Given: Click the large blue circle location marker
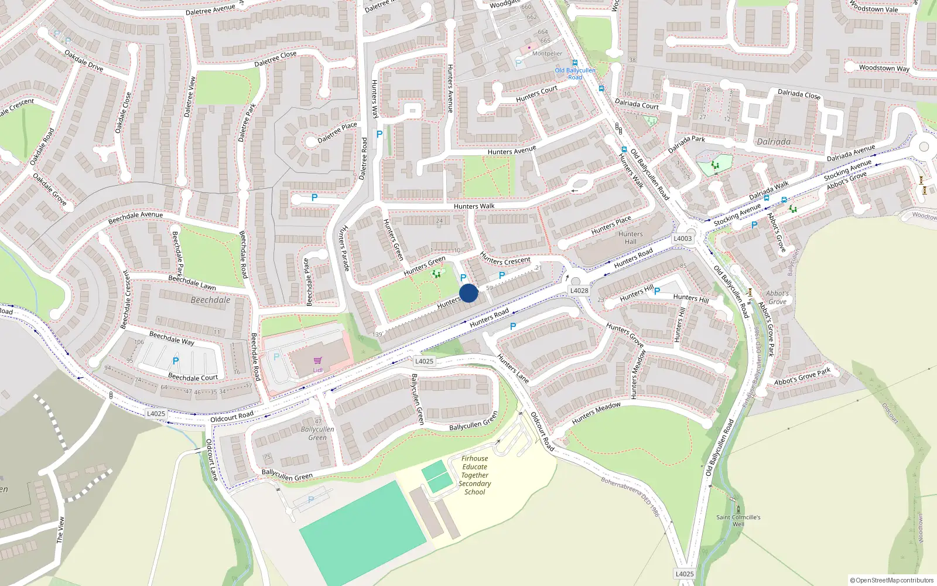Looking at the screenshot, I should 468,293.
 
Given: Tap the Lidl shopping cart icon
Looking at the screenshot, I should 317,361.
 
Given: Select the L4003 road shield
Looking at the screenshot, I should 682,239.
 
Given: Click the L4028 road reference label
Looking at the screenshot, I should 579,291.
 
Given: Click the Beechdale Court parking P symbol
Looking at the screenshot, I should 175,361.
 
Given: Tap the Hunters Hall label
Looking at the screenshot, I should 630,238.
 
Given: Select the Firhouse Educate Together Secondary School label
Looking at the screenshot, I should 474,475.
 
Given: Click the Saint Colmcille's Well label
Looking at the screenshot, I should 738,520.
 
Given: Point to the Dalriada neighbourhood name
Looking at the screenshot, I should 773,142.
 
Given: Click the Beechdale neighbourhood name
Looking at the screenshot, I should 210,300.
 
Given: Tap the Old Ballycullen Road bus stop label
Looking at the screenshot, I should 575,73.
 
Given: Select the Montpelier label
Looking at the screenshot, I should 547,53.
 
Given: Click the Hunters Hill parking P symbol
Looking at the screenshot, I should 657,291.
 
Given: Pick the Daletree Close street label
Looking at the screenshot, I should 275,59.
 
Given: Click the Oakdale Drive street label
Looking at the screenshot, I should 83,61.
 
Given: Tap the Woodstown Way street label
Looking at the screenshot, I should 884,68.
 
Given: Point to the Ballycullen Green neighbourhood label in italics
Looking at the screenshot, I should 317,433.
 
